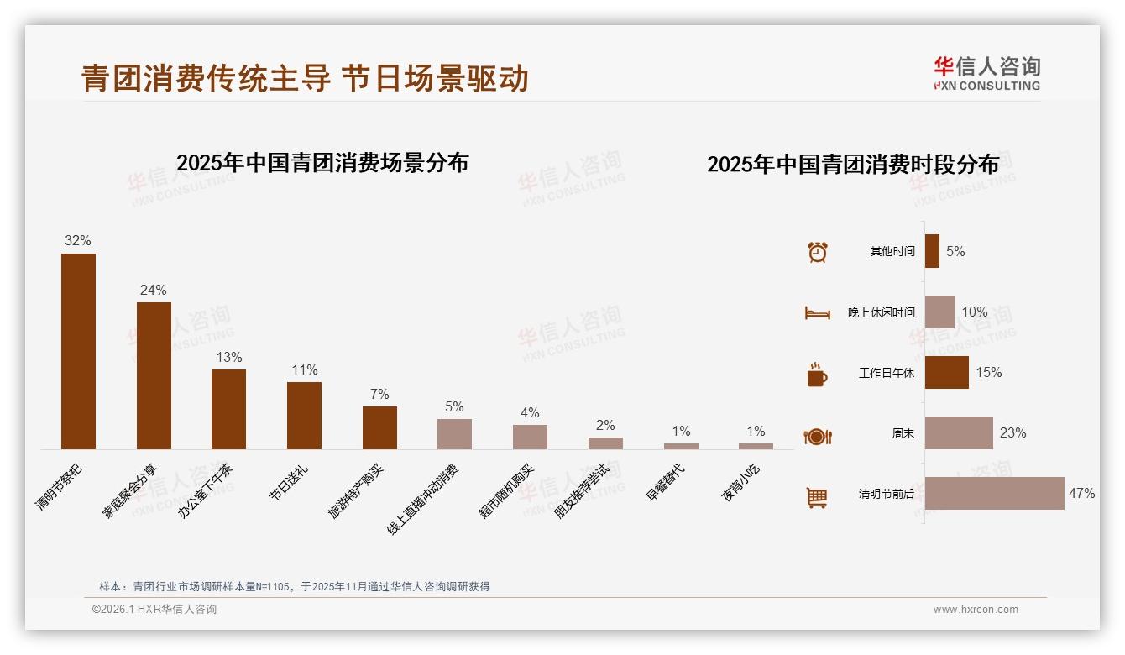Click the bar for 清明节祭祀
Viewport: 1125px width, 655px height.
coord(78,351)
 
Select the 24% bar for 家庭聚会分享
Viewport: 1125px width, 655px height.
coord(154,375)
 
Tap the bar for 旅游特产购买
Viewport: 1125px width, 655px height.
coord(379,427)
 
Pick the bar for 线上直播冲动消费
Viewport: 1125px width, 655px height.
coord(454,434)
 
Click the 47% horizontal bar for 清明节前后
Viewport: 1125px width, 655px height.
coord(994,493)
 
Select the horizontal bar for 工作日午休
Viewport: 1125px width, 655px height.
coord(946,372)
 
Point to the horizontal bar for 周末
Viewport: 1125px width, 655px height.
coord(959,432)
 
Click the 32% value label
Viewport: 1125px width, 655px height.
coord(78,241)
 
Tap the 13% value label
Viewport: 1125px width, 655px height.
coord(228,357)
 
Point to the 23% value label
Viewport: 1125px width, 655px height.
coord(1012,433)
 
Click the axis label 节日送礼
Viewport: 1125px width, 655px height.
coord(289,482)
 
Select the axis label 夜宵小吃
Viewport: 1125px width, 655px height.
coord(740,482)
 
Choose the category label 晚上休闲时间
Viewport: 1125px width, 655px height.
coord(881,312)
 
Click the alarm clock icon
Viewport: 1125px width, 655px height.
coord(817,252)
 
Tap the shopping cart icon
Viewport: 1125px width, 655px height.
coord(816,497)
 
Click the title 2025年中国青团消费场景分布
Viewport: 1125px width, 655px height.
coord(322,163)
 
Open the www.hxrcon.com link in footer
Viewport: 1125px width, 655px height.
coord(976,610)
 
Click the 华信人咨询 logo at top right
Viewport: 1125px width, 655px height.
coord(986,74)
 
